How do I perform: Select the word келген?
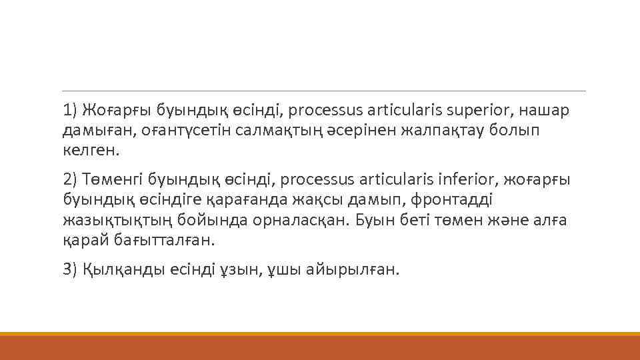91,150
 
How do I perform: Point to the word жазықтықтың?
118,220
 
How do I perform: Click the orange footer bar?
320,347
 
